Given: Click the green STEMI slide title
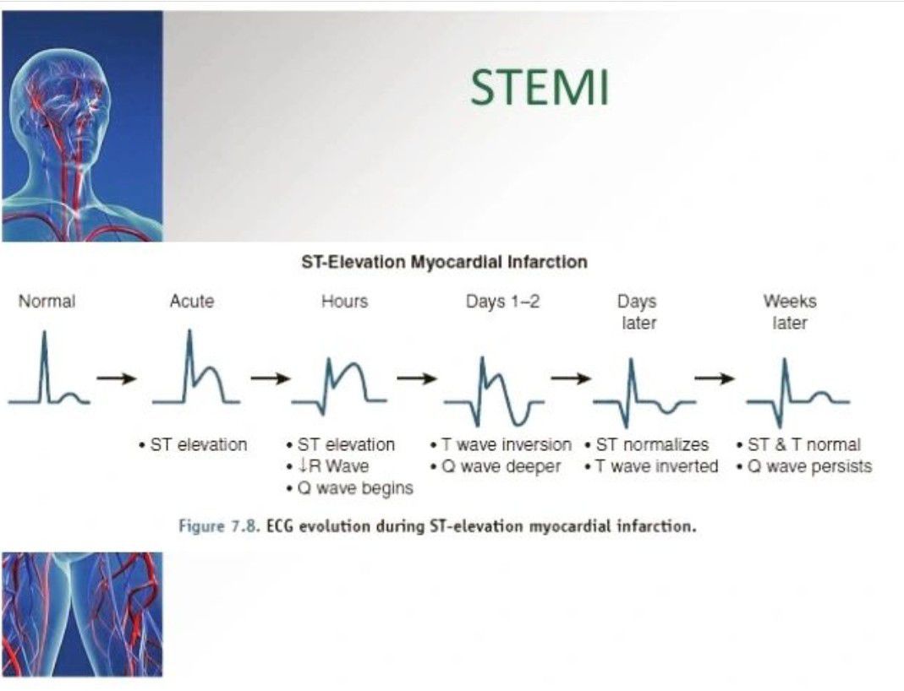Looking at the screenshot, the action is click(x=540, y=87).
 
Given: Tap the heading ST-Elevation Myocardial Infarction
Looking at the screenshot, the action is click(x=445, y=262).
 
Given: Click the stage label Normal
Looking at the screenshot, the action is click(x=47, y=302).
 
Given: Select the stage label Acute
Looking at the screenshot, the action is click(x=192, y=302).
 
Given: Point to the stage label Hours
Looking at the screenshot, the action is click(x=345, y=302).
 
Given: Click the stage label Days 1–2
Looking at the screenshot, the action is click(x=502, y=302).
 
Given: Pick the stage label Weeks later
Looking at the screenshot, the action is click(x=790, y=312).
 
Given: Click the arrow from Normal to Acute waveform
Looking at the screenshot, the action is click(x=117, y=378).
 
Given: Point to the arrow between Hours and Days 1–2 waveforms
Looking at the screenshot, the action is click(x=417, y=378).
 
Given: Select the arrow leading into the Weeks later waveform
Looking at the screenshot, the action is click(x=715, y=378).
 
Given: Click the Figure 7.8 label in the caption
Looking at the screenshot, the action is click(x=218, y=526).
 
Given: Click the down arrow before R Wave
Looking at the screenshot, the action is click(x=304, y=465).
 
